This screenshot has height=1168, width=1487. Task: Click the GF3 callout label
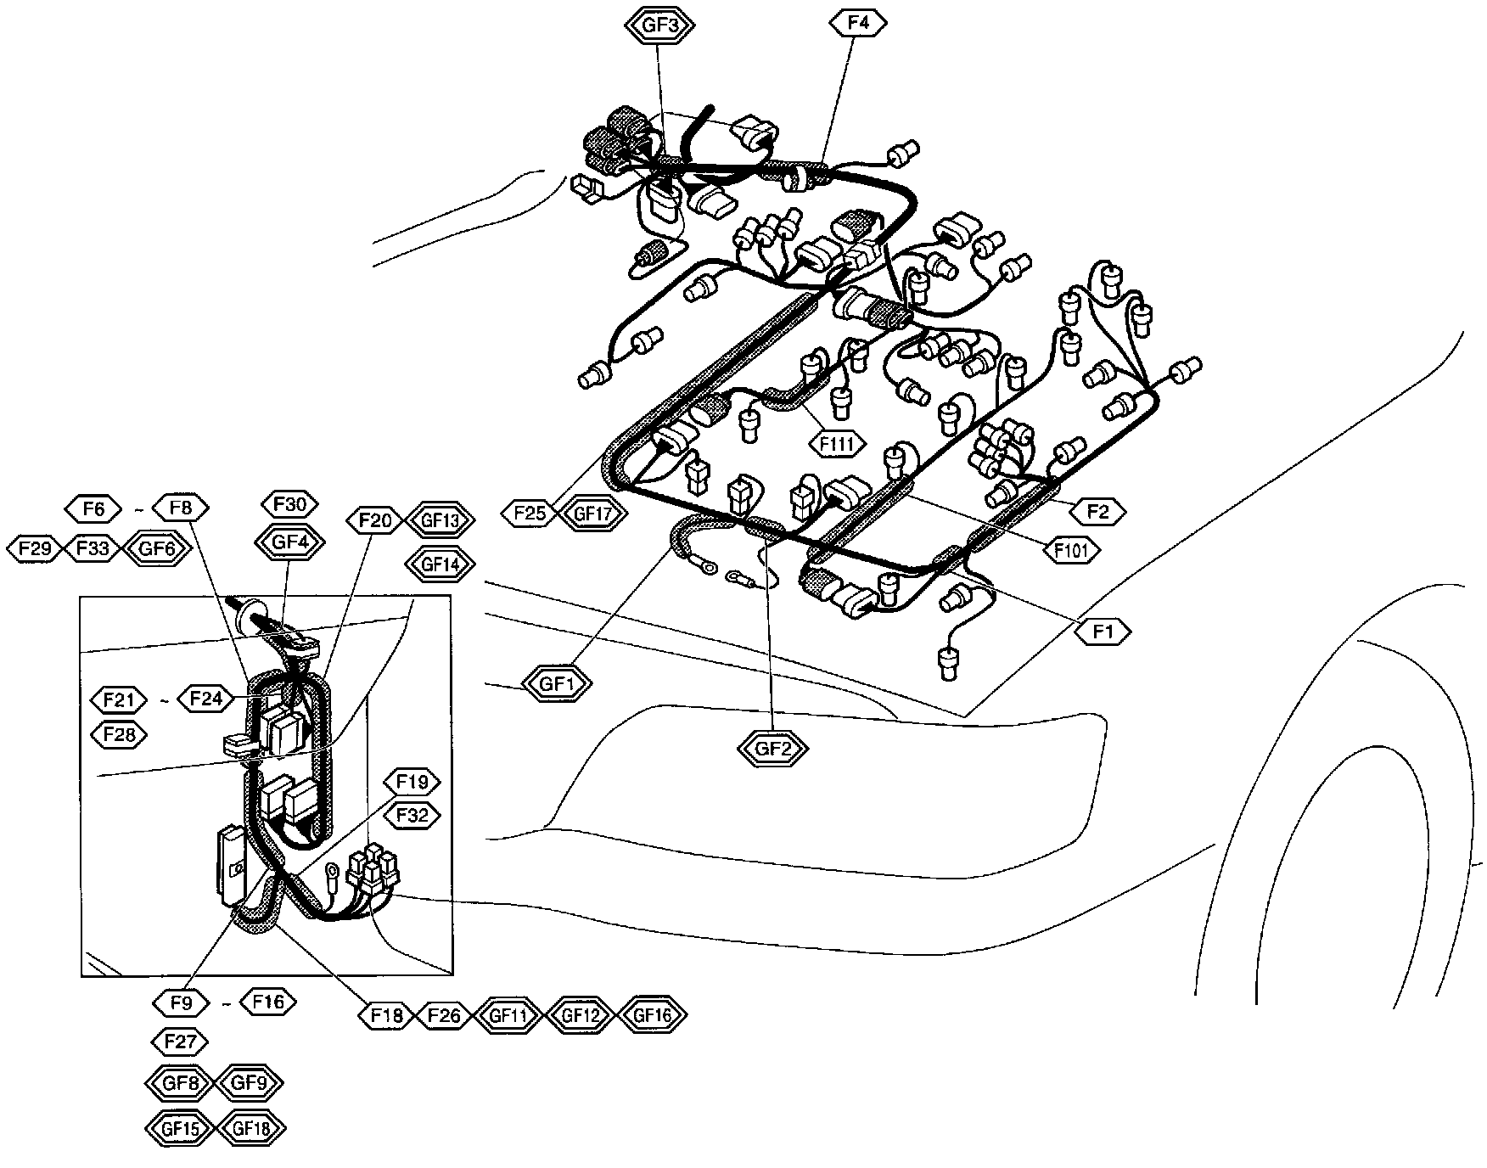[x=659, y=25]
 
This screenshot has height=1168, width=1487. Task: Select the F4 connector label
[x=859, y=23]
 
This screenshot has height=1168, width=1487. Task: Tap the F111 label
[x=837, y=442]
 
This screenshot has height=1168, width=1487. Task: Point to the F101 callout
[x=1071, y=550]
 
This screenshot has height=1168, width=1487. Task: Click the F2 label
[x=1097, y=511]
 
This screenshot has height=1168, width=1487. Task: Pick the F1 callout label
[x=1103, y=632]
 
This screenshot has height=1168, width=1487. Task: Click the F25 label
[x=530, y=513]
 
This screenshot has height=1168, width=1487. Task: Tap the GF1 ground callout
[x=556, y=683]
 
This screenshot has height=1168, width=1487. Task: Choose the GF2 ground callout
[x=772, y=748]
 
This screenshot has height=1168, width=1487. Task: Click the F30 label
[x=289, y=504]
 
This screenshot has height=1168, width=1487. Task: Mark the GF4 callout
[x=289, y=541]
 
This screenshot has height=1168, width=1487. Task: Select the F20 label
[x=374, y=519]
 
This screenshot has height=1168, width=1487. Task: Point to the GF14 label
[x=440, y=563]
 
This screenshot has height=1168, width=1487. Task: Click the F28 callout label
[x=119, y=734]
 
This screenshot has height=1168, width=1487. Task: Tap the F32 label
[x=412, y=816]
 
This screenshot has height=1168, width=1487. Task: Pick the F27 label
[x=181, y=1041]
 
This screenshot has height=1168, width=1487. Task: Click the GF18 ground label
[x=252, y=1129]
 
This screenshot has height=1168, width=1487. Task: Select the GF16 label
[x=652, y=1014]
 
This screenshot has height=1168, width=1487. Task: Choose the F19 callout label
[x=412, y=781]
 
